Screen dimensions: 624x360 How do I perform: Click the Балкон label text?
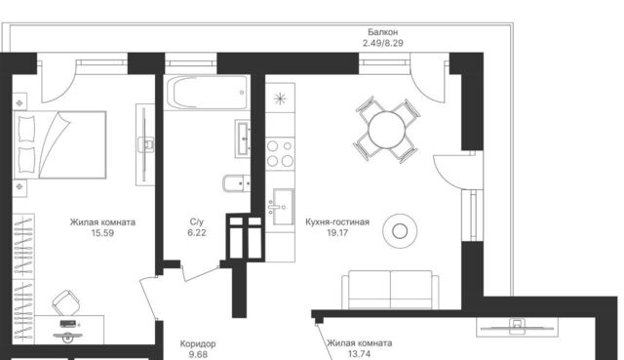382,32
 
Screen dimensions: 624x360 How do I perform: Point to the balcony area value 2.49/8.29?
382,43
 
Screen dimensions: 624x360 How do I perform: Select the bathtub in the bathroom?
207,94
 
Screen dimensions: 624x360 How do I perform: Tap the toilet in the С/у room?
236,183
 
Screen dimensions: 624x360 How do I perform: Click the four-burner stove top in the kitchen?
280,153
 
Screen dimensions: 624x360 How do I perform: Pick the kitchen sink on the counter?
281,207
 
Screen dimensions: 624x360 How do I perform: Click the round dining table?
387,130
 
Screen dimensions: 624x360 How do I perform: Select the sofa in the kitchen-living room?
390,290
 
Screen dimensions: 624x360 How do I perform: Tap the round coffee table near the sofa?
400,231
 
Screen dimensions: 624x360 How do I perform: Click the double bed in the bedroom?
60,144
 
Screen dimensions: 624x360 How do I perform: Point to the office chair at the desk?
66,302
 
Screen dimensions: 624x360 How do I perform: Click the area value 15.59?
102,233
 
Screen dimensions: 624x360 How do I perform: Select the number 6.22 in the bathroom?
197,232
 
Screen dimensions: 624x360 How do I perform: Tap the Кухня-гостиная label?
337,221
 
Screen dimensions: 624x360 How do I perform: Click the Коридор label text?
198,343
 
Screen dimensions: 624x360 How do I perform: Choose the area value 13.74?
359,354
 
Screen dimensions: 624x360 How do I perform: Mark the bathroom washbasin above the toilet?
243,139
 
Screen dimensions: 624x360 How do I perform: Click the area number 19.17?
337,232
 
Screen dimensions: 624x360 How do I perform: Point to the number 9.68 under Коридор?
198,354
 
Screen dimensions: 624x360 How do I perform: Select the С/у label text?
197,221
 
